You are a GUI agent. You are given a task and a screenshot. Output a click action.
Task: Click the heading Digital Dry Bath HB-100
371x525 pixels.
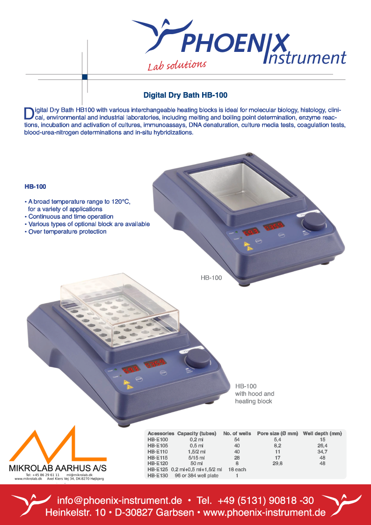coord(185,95)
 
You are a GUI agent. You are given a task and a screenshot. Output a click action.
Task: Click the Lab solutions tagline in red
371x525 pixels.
coord(177,65)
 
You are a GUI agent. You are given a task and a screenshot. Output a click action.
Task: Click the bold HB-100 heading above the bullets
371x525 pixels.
coord(35,187)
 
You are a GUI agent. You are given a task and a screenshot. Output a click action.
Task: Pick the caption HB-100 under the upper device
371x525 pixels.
coord(211,278)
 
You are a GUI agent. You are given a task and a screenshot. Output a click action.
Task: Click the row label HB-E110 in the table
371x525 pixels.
coord(158,452)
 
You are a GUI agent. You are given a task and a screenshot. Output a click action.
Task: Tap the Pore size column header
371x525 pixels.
coord(277,433)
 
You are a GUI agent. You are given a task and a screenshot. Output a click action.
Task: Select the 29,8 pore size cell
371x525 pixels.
coord(277,463)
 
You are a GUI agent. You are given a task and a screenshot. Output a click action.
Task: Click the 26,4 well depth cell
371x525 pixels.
coord(322,446)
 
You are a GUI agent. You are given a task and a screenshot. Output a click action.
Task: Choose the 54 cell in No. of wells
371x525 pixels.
coord(237,439)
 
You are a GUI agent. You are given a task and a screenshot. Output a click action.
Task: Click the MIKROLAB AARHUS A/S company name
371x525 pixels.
coord(58,468)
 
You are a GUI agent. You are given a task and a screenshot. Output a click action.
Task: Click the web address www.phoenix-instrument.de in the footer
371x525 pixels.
coord(264,512)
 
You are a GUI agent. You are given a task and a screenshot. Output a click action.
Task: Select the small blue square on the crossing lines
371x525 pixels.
coord(85,77)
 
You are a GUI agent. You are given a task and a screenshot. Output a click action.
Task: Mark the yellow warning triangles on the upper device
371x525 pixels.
coord(248,246)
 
